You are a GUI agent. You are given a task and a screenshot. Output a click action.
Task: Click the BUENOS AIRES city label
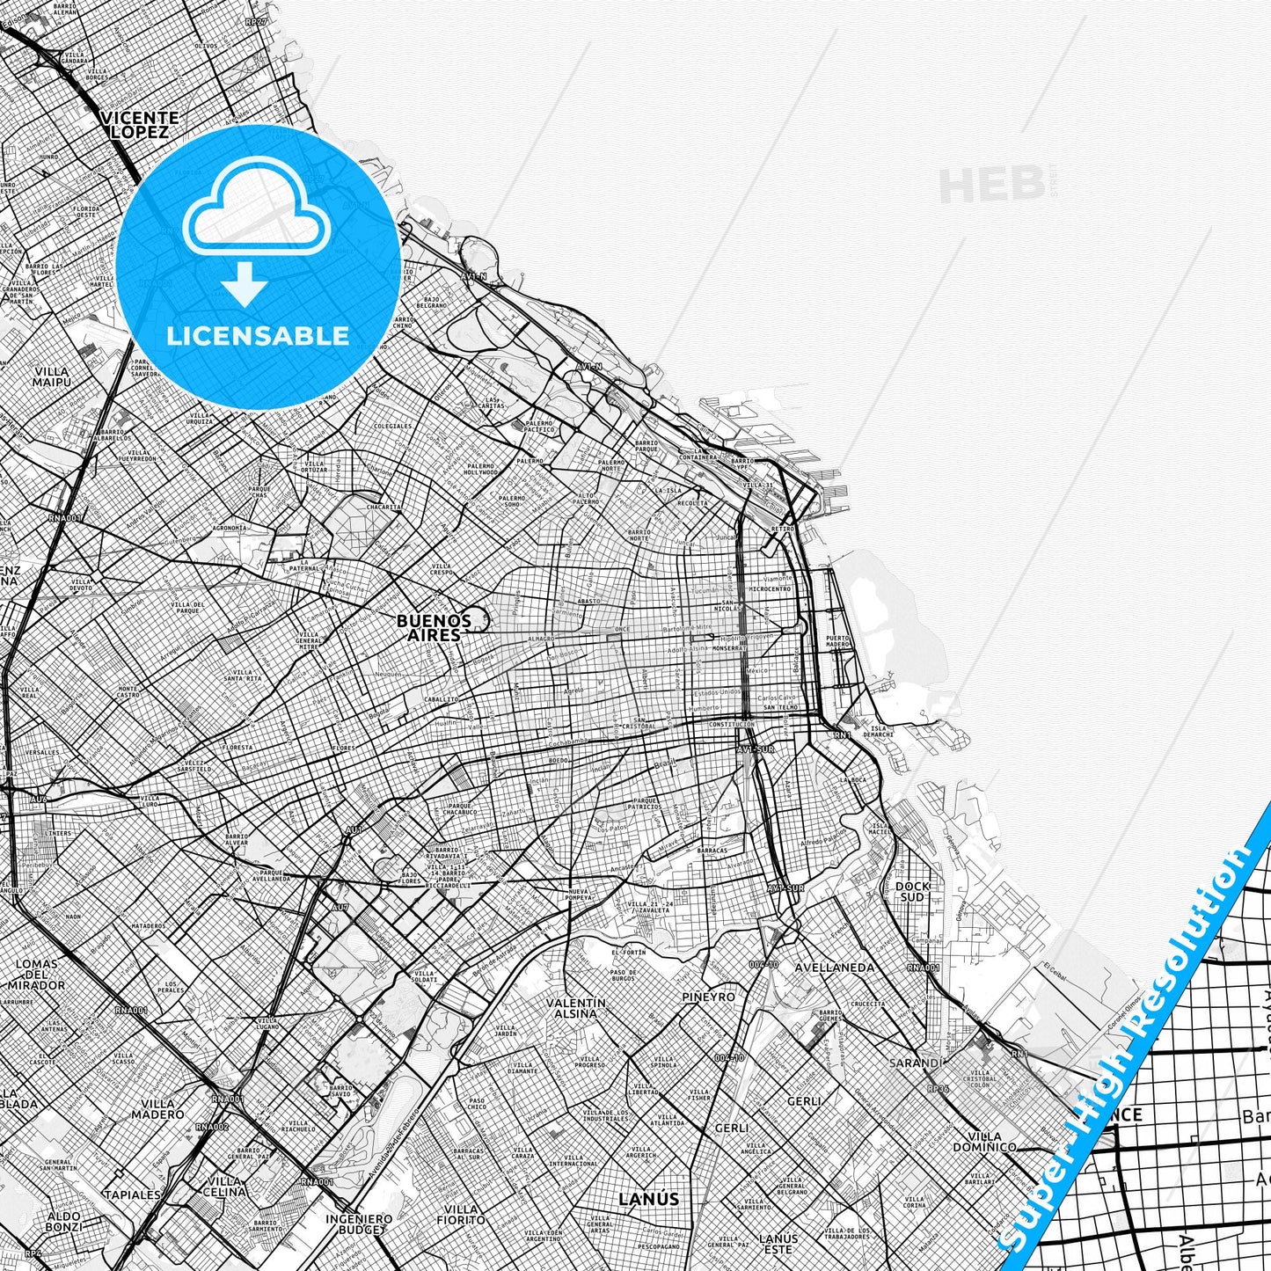pos(434,626)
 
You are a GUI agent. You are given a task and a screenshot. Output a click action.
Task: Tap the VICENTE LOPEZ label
pos(140,125)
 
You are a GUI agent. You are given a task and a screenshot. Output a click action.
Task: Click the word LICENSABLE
pos(258,335)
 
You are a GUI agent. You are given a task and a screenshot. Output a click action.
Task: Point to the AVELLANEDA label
pos(834,968)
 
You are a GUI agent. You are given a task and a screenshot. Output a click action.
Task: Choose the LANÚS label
pos(648,1198)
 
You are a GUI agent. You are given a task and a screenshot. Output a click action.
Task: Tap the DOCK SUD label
pos(912,891)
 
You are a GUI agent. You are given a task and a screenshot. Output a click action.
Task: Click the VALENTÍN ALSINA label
pos(576,1007)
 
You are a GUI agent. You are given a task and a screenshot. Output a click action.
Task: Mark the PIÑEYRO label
pos(708,997)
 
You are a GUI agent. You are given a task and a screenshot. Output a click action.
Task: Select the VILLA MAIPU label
pos(50,376)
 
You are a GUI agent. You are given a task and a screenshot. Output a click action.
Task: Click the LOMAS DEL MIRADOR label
pos(36,974)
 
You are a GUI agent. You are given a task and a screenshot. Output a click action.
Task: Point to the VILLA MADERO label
pos(157,1108)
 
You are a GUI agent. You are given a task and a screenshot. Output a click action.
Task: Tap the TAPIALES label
pos(132,1194)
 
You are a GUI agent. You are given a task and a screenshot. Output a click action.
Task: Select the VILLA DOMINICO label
pos(984,1141)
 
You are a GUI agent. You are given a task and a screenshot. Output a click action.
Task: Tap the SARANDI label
pos(916,1063)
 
